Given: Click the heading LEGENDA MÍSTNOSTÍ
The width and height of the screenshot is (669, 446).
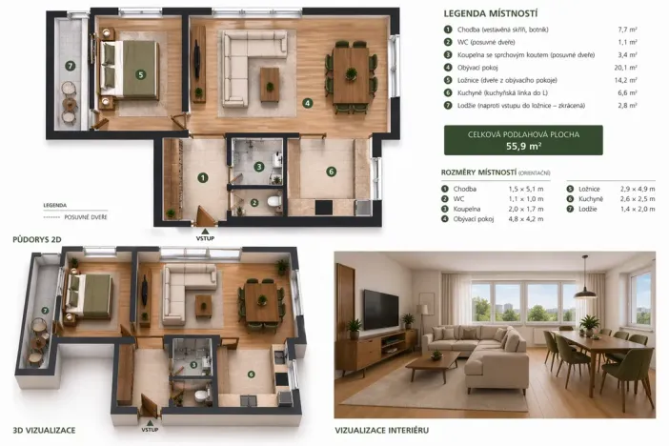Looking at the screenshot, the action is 490,13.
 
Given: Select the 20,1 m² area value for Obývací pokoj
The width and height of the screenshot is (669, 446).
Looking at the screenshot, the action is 626,68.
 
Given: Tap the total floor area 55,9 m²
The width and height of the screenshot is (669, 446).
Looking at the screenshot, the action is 523,146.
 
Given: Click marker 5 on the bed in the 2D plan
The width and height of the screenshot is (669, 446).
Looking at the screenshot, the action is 140,75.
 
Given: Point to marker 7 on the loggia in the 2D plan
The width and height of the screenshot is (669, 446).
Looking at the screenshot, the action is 71,66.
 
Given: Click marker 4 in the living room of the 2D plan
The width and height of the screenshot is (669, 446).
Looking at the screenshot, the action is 307,103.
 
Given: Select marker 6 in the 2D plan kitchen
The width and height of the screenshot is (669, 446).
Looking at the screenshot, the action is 331,172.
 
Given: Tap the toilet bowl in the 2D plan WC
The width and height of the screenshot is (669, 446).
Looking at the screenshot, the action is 274,201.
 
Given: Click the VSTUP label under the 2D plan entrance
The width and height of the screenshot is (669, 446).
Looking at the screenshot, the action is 205,238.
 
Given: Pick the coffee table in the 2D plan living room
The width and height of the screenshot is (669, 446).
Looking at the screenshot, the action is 270,85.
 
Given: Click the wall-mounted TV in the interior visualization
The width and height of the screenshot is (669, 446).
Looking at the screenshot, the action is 381,310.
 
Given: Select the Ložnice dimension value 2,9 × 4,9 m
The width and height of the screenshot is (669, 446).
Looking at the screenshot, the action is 638,189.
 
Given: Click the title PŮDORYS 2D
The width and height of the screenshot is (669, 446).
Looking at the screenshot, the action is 37,239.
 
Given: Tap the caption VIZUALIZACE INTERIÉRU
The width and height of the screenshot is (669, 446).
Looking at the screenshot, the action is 382,430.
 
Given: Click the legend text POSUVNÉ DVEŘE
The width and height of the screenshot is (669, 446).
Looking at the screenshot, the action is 86,217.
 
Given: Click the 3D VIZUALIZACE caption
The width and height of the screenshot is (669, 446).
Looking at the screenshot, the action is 44,430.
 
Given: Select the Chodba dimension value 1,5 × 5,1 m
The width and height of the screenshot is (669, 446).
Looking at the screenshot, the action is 526,189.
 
